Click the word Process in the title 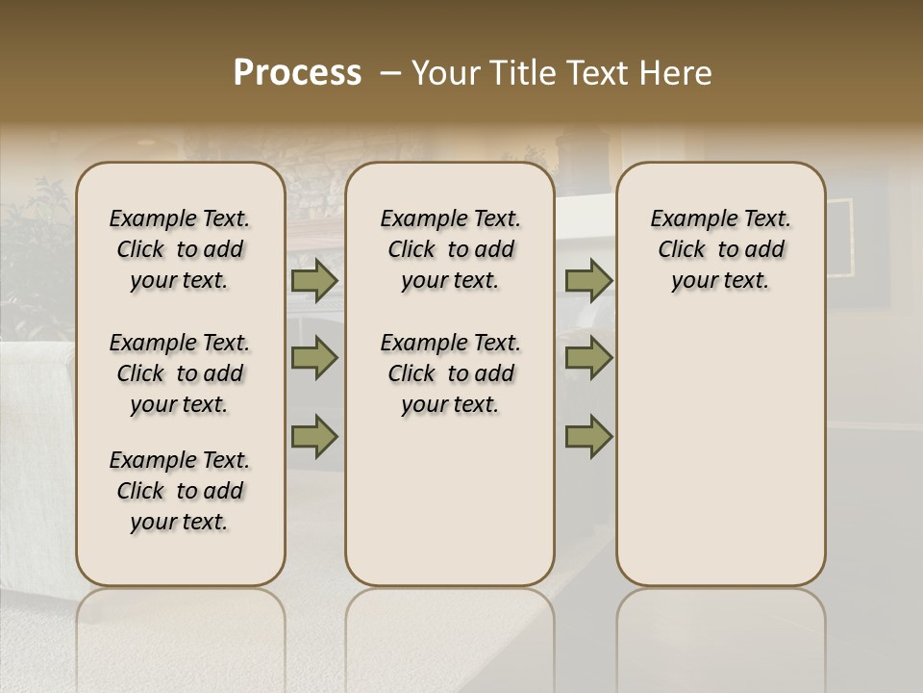point(296,73)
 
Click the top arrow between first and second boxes point(314,281)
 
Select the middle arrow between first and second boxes point(314,358)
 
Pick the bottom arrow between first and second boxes point(314,436)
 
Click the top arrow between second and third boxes point(588,281)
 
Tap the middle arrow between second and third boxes point(588,358)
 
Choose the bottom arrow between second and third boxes point(588,436)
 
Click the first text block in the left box point(180,249)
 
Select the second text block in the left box point(180,373)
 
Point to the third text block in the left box point(180,491)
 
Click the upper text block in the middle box point(450,249)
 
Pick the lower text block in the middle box point(450,373)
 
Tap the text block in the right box point(720,249)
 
